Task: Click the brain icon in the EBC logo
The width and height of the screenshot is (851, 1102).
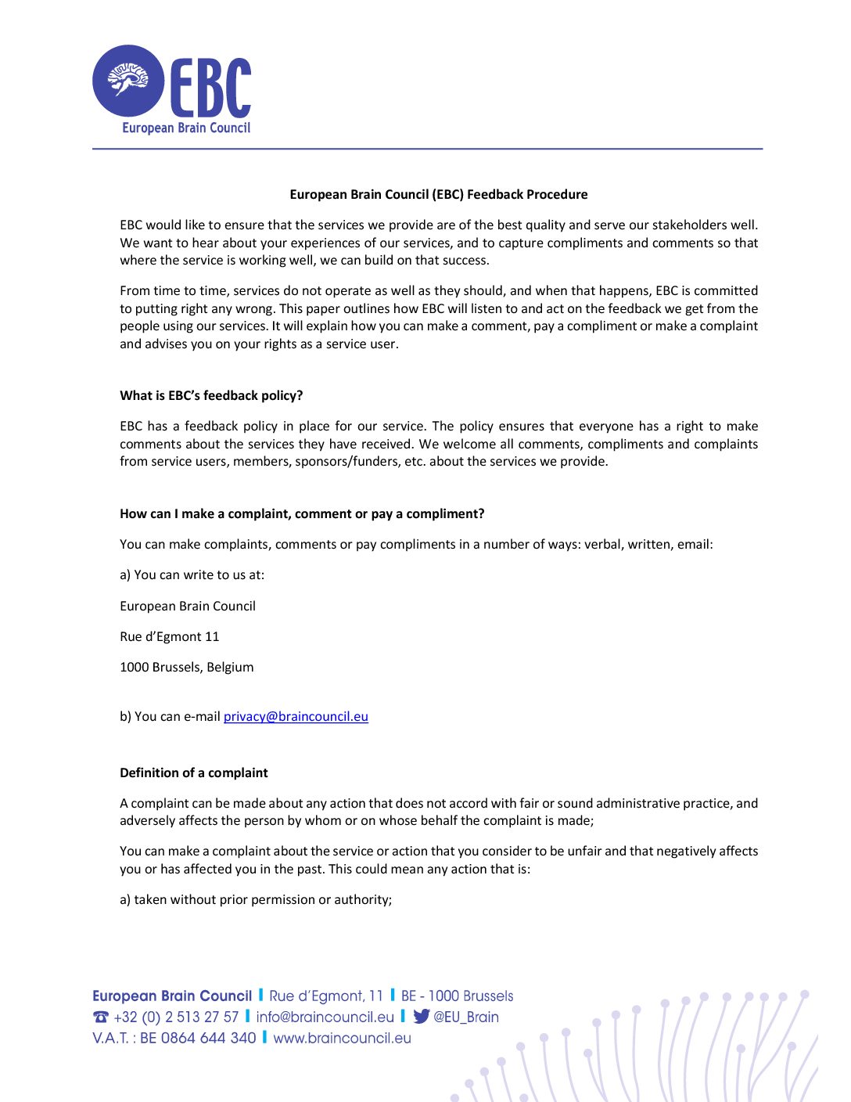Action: pyautogui.click(x=128, y=81)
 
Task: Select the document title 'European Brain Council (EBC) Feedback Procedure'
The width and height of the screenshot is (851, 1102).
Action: pyautogui.click(x=438, y=194)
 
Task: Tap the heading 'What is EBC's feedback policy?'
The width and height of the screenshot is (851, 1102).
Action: pyautogui.click(x=211, y=395)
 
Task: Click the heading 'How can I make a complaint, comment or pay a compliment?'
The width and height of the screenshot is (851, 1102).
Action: pyautogui.click(x=302, y=513)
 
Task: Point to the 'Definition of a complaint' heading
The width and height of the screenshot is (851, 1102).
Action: pyautogui.click(x=193, y=772)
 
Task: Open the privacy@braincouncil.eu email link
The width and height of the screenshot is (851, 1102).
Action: pyautogui.click(x=296, y=716)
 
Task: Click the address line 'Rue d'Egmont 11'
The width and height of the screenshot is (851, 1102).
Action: pyautogui.click(x=169, y=636)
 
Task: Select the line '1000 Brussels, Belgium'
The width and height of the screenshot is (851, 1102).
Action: pyautogui.click(x=186, y=667)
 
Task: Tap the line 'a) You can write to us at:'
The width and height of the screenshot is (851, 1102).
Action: pyautogui.click(x=192, y=574)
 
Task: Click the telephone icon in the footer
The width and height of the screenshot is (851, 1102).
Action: pyautogui.click(x=100, y=1017)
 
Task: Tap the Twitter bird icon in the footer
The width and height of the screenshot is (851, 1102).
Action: pyautogui.click(x=422, y=1017)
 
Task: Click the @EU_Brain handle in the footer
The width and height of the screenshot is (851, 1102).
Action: pyautogui.click(x=466, y=1017)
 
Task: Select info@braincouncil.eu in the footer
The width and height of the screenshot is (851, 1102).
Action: pyautogui.click(x=325, y=1017)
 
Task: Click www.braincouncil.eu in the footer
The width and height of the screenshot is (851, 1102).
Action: pyautogui.click(x=342, y=1038)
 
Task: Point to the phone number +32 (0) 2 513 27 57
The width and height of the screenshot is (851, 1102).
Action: pyautogui.click(x=176, y=1017)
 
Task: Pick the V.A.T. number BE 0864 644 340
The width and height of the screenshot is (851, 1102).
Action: pyautogui.click(x=198, y=1038)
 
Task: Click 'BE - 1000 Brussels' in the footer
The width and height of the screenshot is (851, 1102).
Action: pyautogui.click(x=457, y=996)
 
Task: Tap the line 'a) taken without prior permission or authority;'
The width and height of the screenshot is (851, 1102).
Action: pyautogui.click(x=256, y=899)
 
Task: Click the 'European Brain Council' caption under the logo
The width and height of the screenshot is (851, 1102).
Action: pyautogui.click(x=186, y=128)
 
